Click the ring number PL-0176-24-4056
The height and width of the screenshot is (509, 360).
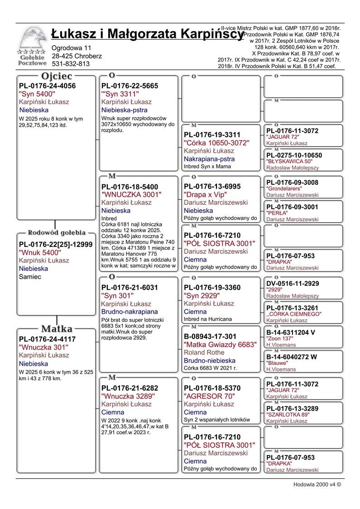47,86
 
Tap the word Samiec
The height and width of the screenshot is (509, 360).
30,277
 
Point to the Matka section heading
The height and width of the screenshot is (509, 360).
57,329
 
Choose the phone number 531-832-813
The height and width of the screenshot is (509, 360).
71,64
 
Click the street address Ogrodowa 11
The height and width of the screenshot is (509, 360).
72,48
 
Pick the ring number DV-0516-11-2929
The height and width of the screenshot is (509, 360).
293,283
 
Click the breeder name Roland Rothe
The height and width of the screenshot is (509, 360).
205,353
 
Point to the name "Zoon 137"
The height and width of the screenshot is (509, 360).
280,339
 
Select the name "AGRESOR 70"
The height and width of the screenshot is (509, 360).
209,396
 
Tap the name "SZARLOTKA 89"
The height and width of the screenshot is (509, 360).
288,414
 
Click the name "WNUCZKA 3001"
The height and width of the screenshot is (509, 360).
131,194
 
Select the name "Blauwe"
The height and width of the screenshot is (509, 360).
277,363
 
